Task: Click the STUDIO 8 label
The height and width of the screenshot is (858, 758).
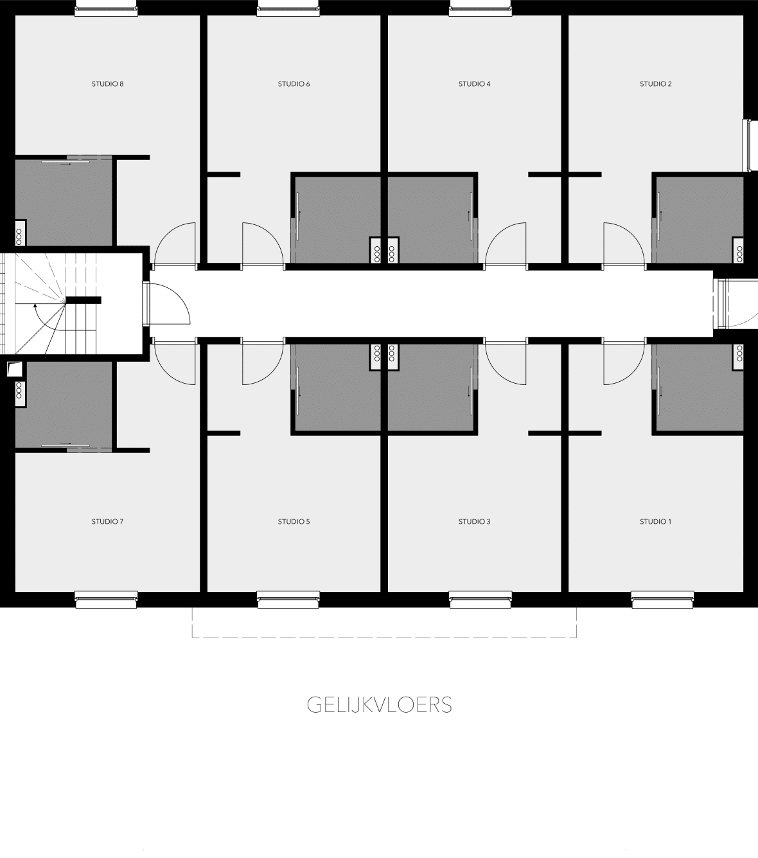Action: point(107,84)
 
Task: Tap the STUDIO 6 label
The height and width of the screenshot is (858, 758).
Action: point(294,84)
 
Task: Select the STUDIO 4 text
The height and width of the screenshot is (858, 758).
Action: point(475,84)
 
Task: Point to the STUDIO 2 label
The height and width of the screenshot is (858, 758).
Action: point(656,84)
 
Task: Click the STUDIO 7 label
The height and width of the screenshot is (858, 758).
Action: point(107,521)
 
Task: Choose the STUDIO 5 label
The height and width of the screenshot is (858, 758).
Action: point(294,521)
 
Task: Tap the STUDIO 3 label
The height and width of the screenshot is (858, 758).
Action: point(475,521)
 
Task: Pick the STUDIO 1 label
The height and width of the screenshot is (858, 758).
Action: point(656,521)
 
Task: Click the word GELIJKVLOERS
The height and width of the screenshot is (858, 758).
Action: point(379,705)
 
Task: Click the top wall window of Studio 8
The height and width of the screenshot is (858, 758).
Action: point(106,8)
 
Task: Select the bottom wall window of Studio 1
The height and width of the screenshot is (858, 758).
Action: point(663,600)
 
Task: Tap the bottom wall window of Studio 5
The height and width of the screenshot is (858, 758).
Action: point(288,600)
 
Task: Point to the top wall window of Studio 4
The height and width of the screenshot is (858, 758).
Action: point(480,8)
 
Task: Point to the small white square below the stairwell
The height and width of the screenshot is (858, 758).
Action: point(13,368)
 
